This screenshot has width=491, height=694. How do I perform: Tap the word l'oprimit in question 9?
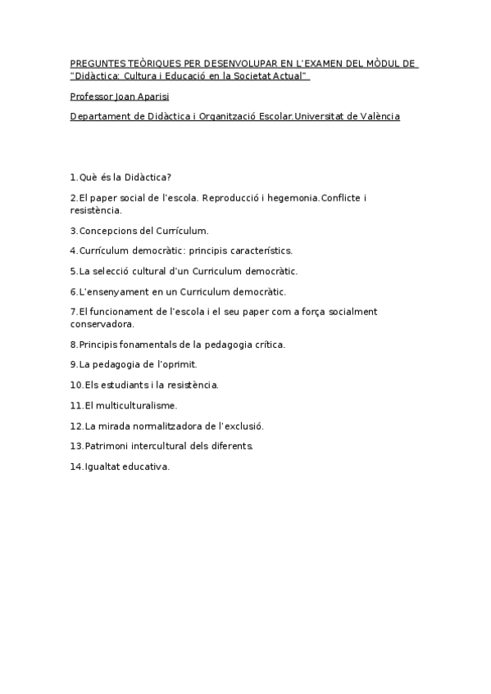(x=172, y=364)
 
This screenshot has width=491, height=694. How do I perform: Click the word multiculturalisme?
(x=137, y=405)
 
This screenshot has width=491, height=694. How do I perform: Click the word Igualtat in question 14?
(x=102, y=466)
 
